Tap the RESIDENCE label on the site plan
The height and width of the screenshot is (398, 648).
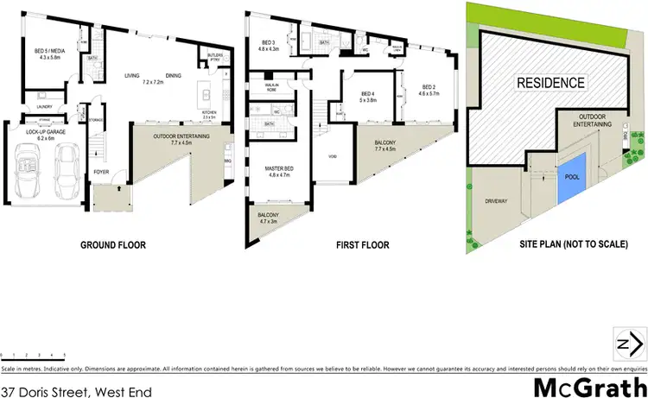coord(551,83)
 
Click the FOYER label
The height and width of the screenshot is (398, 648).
coord(102,172)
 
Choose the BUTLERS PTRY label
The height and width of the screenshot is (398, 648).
coord(216,59)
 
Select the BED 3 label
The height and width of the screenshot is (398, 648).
coord(268,43)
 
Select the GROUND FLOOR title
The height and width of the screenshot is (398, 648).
coord(113,245)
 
